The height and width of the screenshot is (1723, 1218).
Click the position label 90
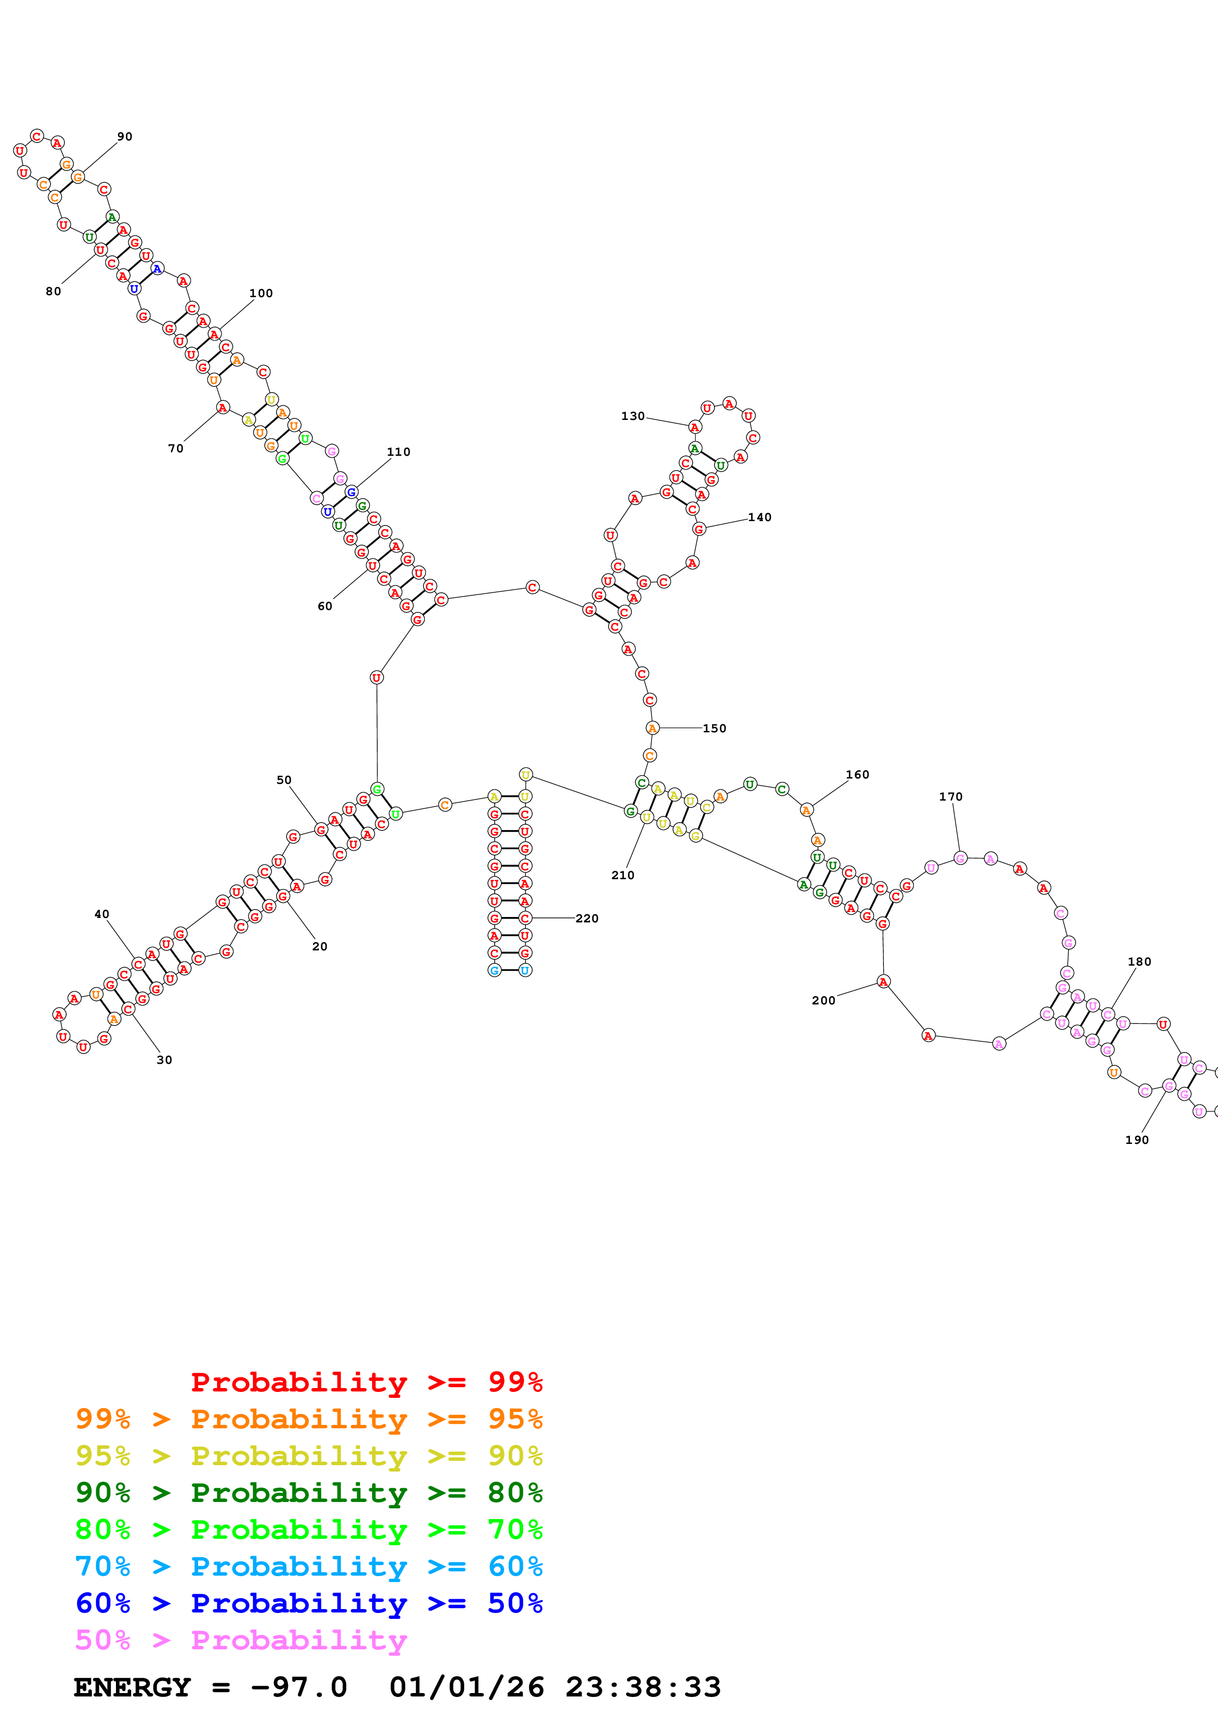click(125, 137)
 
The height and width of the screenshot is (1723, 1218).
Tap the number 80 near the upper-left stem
click(53, 291)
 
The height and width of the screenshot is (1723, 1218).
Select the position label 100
click(261, 293)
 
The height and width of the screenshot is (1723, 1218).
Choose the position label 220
click(587, 918)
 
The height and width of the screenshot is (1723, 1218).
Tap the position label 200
click(823, 1000)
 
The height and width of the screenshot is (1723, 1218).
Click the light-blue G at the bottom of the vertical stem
click(494, 971)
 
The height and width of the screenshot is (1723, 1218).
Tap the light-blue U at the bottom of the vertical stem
click(525, 971)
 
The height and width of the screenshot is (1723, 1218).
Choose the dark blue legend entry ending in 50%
click(309, 1603)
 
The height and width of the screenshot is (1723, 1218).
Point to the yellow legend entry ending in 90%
click(309, 1455)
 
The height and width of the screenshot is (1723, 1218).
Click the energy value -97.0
click(299, 1687)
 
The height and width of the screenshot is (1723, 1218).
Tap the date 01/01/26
click(467, 1687)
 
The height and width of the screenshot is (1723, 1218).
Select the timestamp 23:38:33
click(643, 1687)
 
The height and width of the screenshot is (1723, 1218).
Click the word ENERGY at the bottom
click(132, 1687)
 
